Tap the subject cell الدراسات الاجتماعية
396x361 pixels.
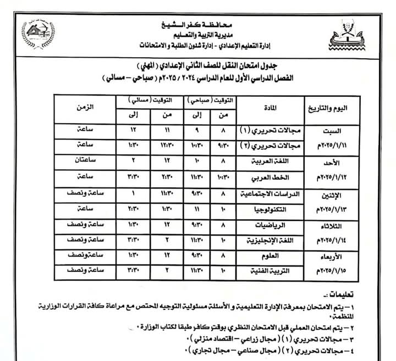click(264, 194)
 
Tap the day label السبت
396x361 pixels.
click(334, 132)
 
